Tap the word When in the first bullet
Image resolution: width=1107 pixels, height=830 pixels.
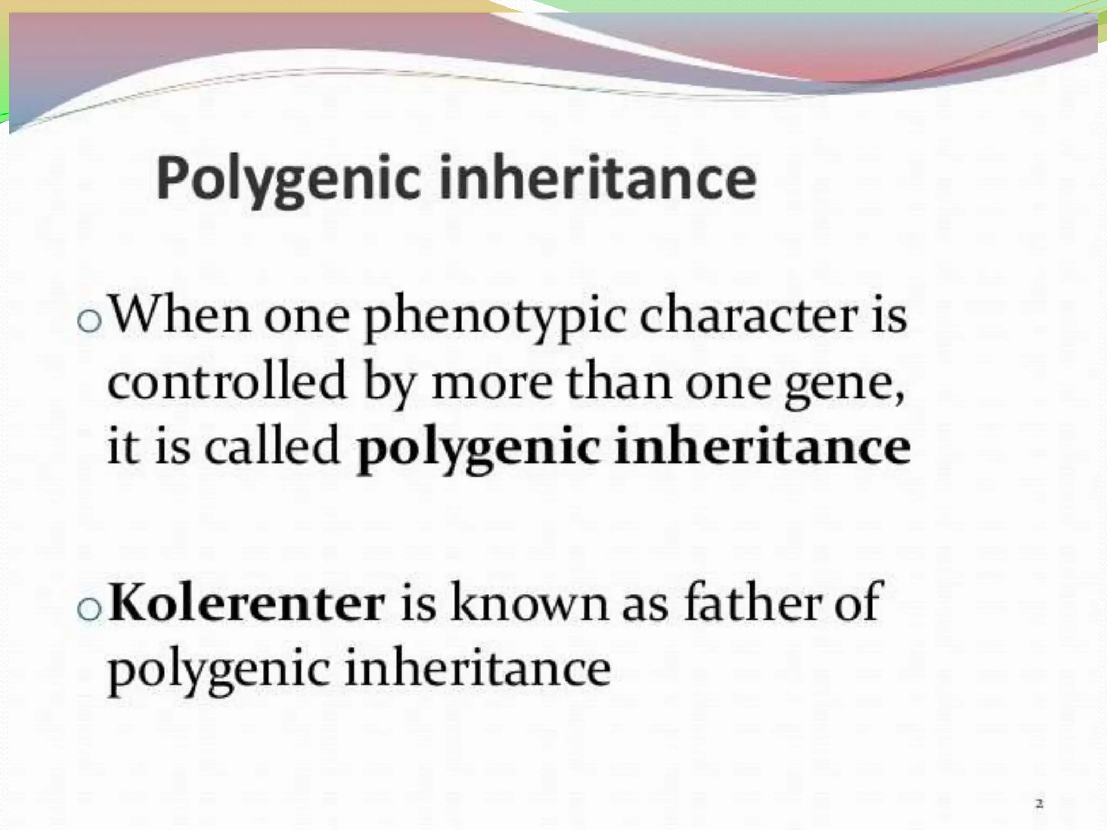tap(181, 316)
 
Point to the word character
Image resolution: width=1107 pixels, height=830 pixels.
tap(748, 316)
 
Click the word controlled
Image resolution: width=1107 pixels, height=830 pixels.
tap(226, 381)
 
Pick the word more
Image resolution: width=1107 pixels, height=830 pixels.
tap(492, 381)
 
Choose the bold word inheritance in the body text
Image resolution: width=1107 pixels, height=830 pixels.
tap(762, 446)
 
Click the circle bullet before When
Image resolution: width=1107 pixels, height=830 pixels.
tap(89, 322)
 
